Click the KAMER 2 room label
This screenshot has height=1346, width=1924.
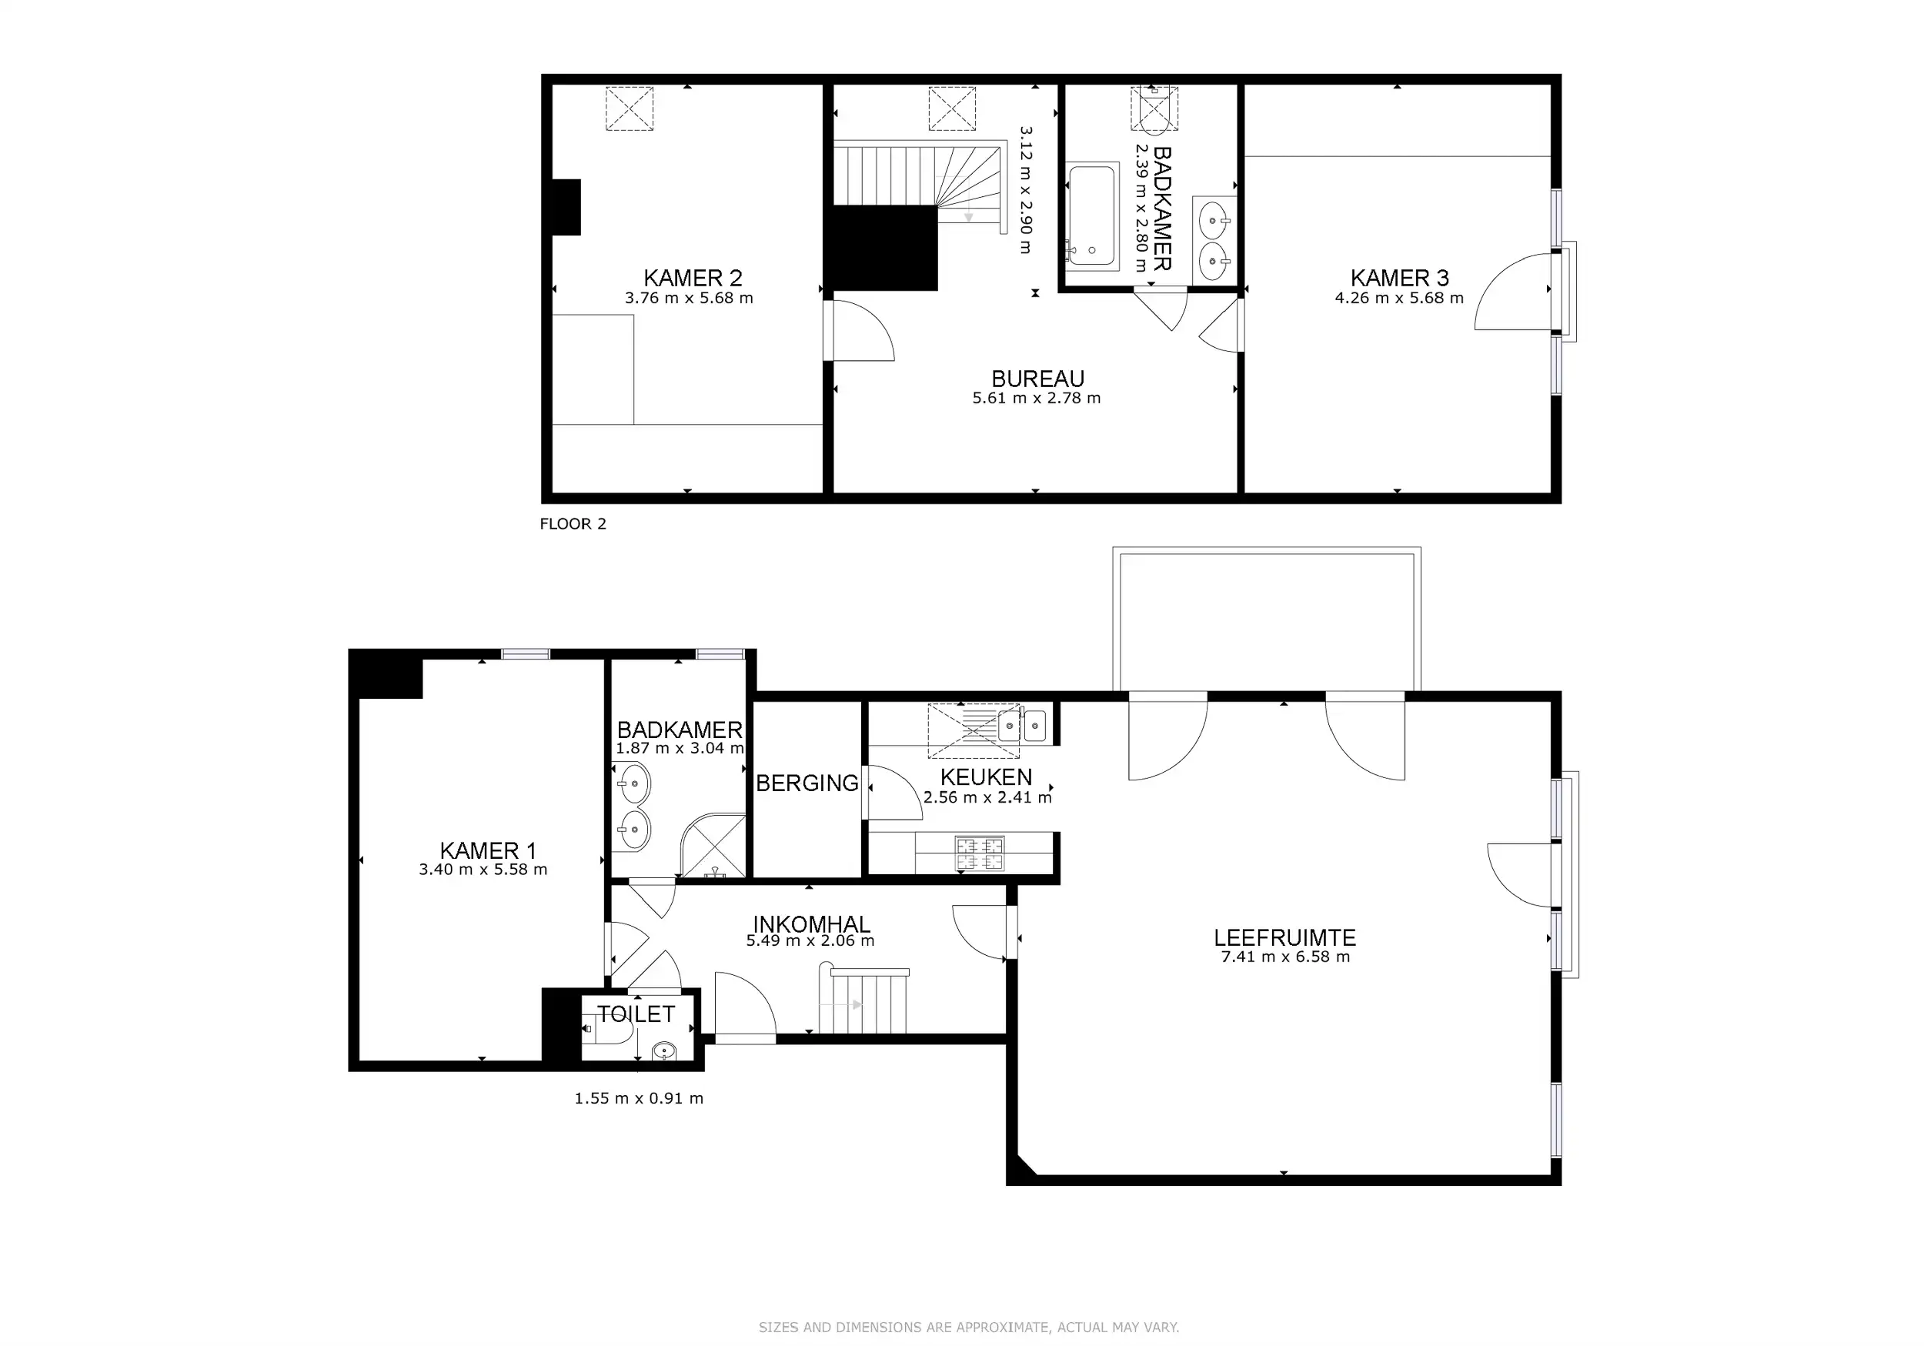[692, 277]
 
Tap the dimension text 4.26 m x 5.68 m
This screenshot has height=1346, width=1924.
[1398, 299]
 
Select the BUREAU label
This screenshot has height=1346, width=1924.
[1037, 379]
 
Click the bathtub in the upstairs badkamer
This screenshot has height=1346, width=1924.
[1092, 215]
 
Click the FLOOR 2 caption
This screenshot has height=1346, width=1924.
[573, 524]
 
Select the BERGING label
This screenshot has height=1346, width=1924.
[807, 783]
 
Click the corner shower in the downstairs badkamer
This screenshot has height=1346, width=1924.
[715, 847]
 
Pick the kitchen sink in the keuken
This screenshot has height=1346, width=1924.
[1022, 725]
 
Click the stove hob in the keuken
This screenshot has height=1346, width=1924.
[979, 853]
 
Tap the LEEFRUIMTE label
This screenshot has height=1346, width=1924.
[1284, 937]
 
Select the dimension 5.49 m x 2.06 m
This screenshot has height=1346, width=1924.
[810, 941]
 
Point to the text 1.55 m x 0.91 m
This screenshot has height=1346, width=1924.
[639, 1098]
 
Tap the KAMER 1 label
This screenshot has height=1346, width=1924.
[487, 850]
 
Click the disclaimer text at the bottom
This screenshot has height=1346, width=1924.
[969, 1327]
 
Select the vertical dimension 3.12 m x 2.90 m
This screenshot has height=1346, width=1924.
[1026, 190]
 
